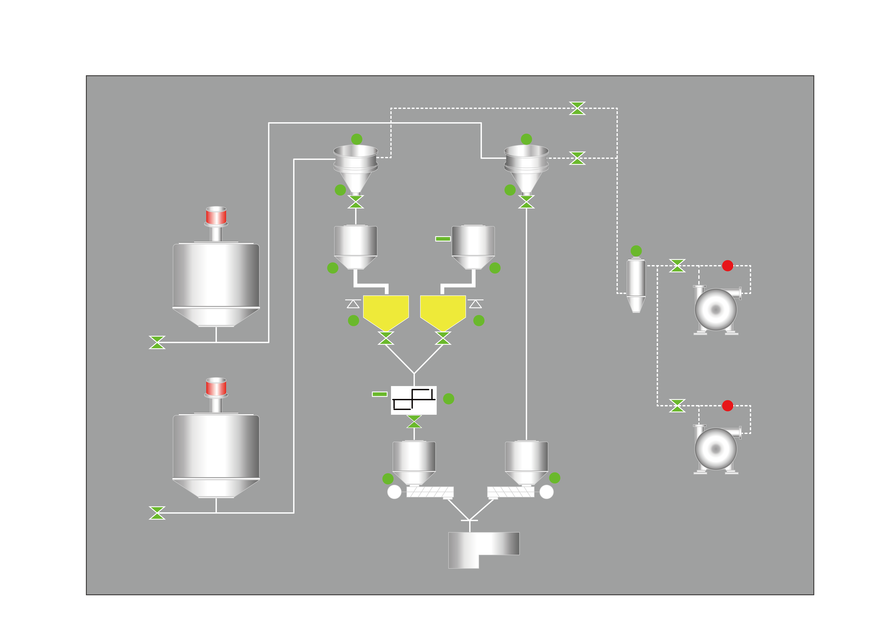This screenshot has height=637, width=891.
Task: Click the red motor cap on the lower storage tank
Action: [216, 387]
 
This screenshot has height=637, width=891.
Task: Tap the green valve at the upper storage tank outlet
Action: [157, 342]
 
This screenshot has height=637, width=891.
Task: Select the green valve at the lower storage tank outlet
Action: [157, 513]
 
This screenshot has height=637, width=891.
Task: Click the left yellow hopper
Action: [386, 310]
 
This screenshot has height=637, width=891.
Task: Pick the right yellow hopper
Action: [443, 310]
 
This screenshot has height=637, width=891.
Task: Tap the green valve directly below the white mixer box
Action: [414, 422]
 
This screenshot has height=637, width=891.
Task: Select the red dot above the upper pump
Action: [727, 266]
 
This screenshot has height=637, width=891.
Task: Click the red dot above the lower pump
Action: [727, 406]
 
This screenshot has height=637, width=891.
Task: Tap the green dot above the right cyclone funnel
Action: [526, 139]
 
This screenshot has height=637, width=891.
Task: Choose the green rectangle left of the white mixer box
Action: [379, 394]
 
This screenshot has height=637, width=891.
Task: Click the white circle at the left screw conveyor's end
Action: [394, 492]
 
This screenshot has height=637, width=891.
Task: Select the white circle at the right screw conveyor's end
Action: [546, 492]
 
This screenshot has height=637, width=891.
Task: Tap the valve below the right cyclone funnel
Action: [526, 202]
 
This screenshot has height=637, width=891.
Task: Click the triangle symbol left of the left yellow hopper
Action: [353, 304]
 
